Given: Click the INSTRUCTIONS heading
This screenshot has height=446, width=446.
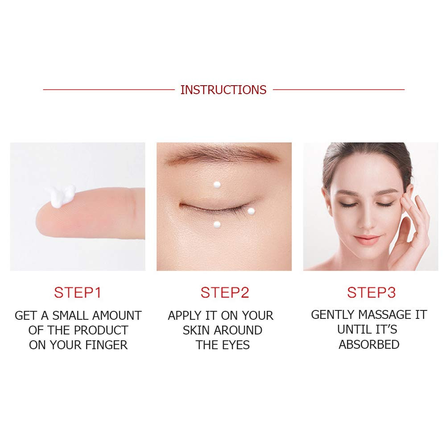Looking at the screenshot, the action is coord(223,90).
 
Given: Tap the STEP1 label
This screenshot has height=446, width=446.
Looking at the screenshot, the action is coord(78,293).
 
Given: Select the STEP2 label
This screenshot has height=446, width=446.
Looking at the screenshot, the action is coord(225,293).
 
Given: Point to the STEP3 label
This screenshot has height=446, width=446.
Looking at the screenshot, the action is coord(371,293).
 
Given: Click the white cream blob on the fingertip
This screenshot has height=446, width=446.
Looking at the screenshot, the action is coord(61,195).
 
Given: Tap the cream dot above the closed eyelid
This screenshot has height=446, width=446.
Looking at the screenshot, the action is coord(217,185).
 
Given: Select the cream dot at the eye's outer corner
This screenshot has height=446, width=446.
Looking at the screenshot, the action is coord(251,211).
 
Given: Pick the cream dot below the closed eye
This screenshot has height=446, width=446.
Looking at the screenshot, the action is coord(217,225).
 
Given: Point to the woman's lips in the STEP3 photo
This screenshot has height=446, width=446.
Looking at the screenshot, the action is coord(367,239).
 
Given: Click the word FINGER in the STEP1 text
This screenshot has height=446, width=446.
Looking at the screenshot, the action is coord(107,345).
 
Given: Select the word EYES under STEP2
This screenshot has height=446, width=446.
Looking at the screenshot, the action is coord(236,345).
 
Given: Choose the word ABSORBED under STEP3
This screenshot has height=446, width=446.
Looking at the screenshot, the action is coord(369,344).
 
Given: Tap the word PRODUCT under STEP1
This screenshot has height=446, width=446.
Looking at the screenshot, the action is coord(101,330).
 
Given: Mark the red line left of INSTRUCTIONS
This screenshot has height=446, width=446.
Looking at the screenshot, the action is coord(109,90).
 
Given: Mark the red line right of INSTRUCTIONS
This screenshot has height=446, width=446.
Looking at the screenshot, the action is coord(339,90).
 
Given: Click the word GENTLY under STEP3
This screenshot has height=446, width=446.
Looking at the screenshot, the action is coord(333,315).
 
